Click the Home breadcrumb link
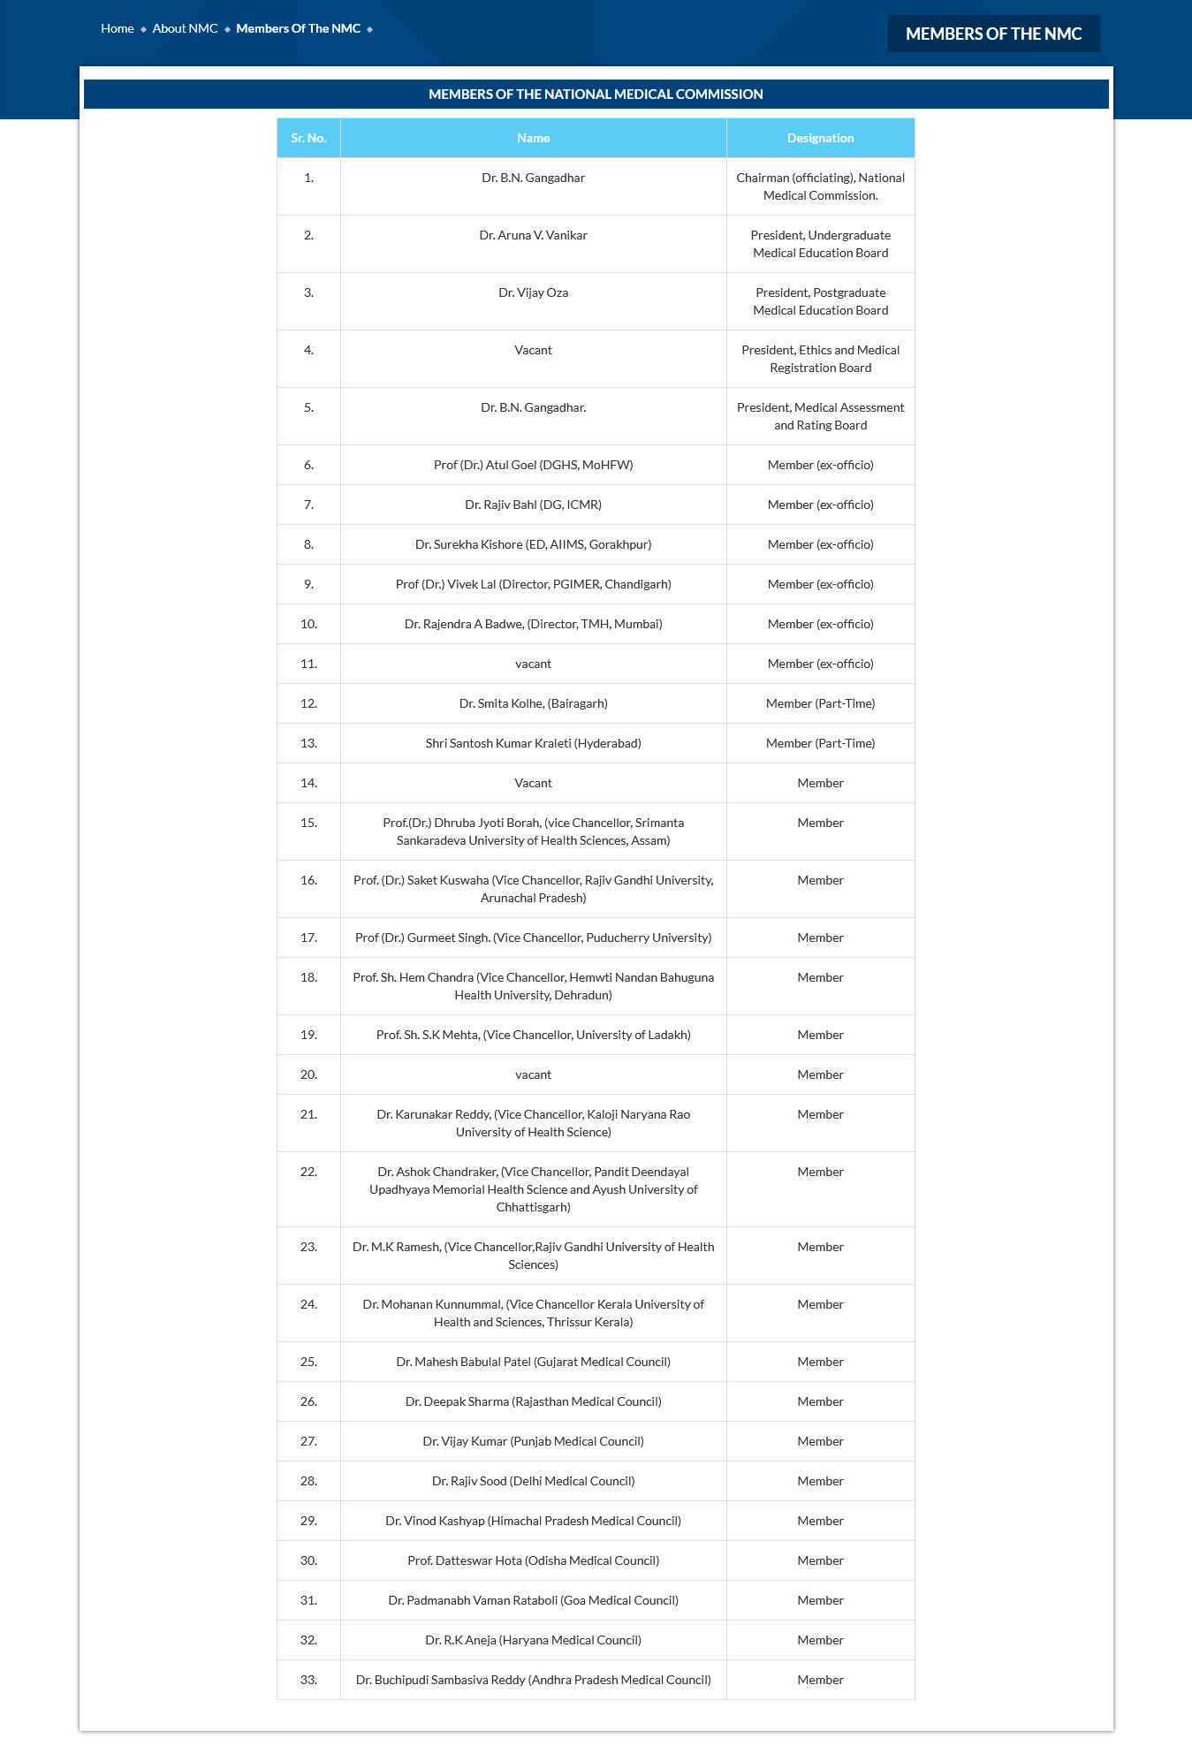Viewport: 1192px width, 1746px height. click(x=117, y=28)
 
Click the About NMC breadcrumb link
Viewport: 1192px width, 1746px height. click(x=185, y=28)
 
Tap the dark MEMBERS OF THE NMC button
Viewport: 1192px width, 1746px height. click(x=993, y=34)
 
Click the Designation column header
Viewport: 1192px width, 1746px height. click(x=820, y=138)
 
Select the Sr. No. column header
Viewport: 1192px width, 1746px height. click(x=308, y=138)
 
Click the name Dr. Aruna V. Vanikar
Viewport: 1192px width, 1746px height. click(x=533, y=235)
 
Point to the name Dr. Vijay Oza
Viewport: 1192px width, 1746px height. click(x=533, y=292)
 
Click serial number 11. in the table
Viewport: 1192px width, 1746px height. click(x=308, y=664)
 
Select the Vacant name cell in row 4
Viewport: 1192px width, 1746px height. click(x=533, y=350)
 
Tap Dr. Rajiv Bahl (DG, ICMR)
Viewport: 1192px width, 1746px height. click(x=533, y=505)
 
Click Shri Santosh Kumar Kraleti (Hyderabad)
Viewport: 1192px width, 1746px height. click(x=533, y=743)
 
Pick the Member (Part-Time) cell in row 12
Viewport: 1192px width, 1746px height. click(x=820, y=703)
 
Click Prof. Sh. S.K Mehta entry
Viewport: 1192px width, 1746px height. click(x=533, y=1035)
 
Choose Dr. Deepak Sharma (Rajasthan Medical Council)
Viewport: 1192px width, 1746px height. click(x=533, y=1401)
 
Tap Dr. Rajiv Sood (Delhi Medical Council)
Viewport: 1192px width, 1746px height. click(x=533, y=1481)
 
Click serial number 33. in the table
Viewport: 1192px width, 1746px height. click(x=308, y=1680)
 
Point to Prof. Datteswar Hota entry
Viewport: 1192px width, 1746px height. click(x=533, y=1560)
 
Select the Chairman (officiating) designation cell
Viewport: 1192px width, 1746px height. click(x=820, y=186)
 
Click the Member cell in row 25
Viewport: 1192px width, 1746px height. click(x=820, y=1362)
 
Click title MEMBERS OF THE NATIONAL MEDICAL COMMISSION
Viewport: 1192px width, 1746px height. click(x=596, y=94)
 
